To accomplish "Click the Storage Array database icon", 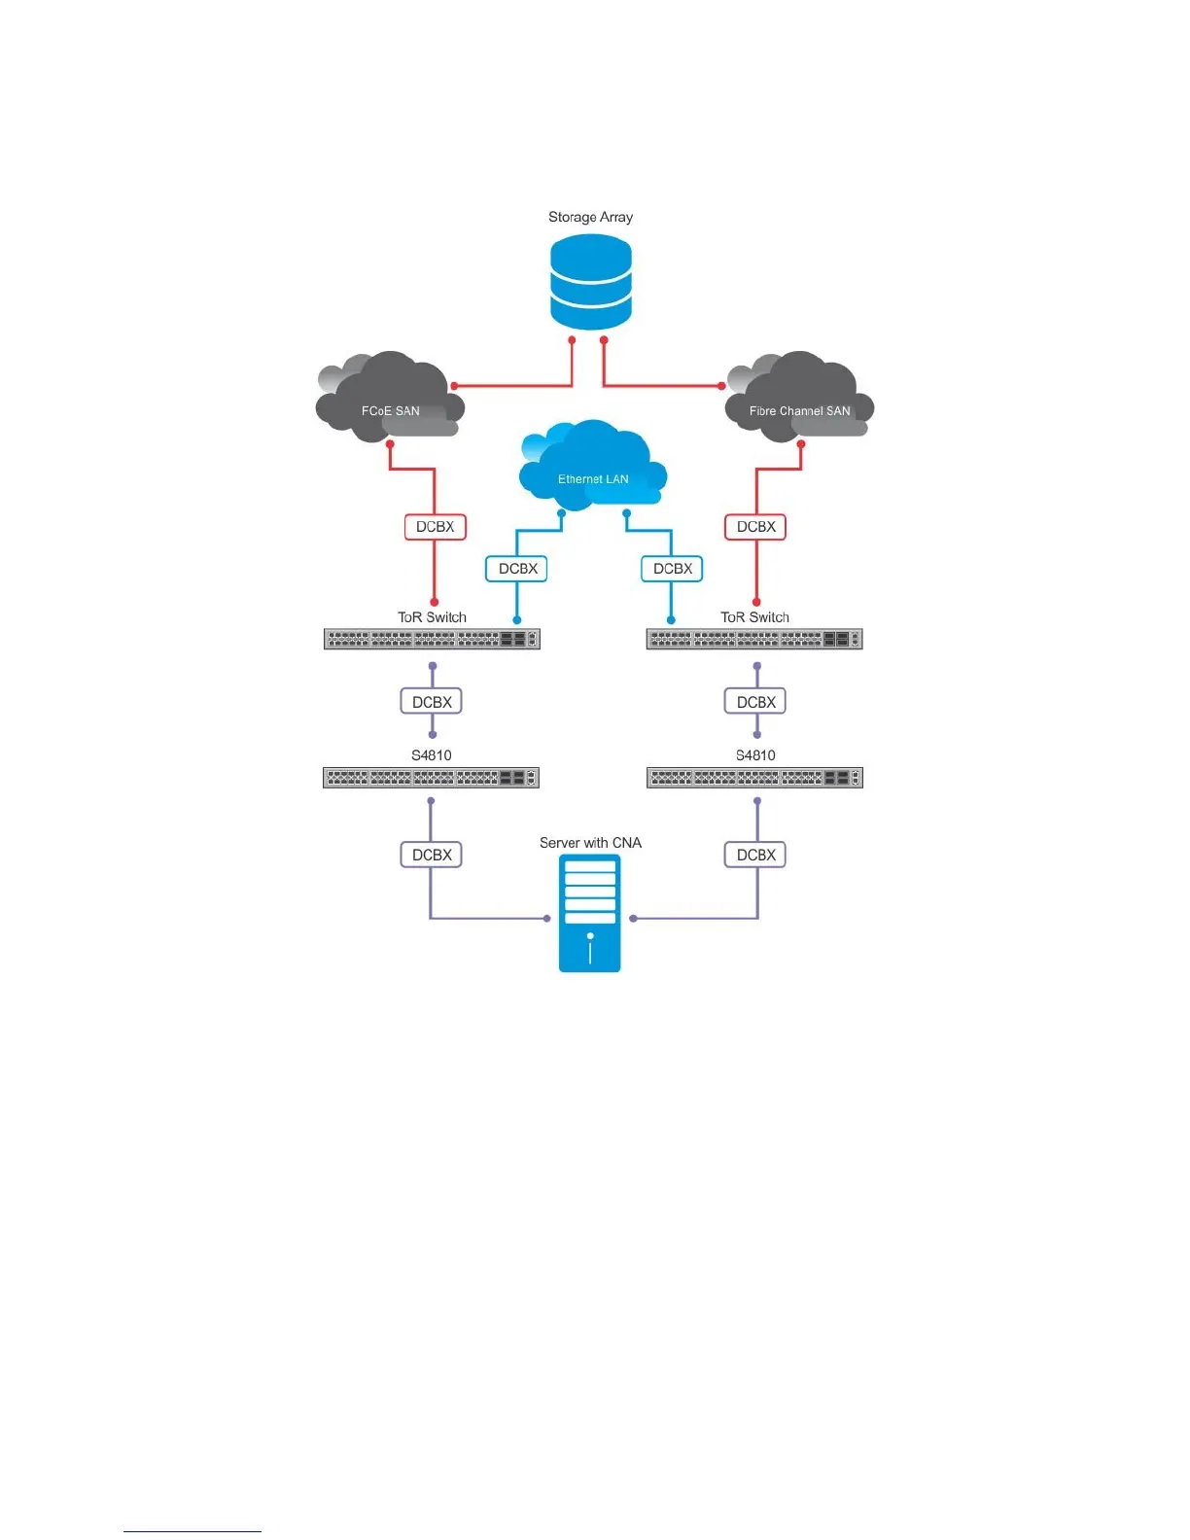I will click(590, 282).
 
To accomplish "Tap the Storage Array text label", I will click(590, 217).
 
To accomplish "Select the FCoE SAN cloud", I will click(390, 399).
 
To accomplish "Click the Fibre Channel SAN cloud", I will click(799, 399).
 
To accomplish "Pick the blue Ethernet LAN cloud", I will click(592, 467).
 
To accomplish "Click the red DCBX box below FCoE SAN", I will click(435, 527).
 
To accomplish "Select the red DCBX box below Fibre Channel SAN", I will click(755, 527).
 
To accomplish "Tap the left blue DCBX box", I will click(516, 569).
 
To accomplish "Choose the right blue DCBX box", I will click(672, 569).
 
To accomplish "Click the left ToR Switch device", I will click(432, 639).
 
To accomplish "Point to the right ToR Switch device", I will click(754, 639).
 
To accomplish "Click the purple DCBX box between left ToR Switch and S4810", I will click(432, 702).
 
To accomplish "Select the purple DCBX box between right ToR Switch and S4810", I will click(755, 702).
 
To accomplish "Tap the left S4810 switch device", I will click(431, 778).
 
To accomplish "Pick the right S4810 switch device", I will click(754, 778).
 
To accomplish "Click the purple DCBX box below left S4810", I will click(432, 855).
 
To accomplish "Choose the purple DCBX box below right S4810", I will click(755, 855).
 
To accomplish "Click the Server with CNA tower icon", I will click(589, 914).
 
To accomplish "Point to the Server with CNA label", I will click(590, 843).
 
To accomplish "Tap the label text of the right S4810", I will click(755, 755).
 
